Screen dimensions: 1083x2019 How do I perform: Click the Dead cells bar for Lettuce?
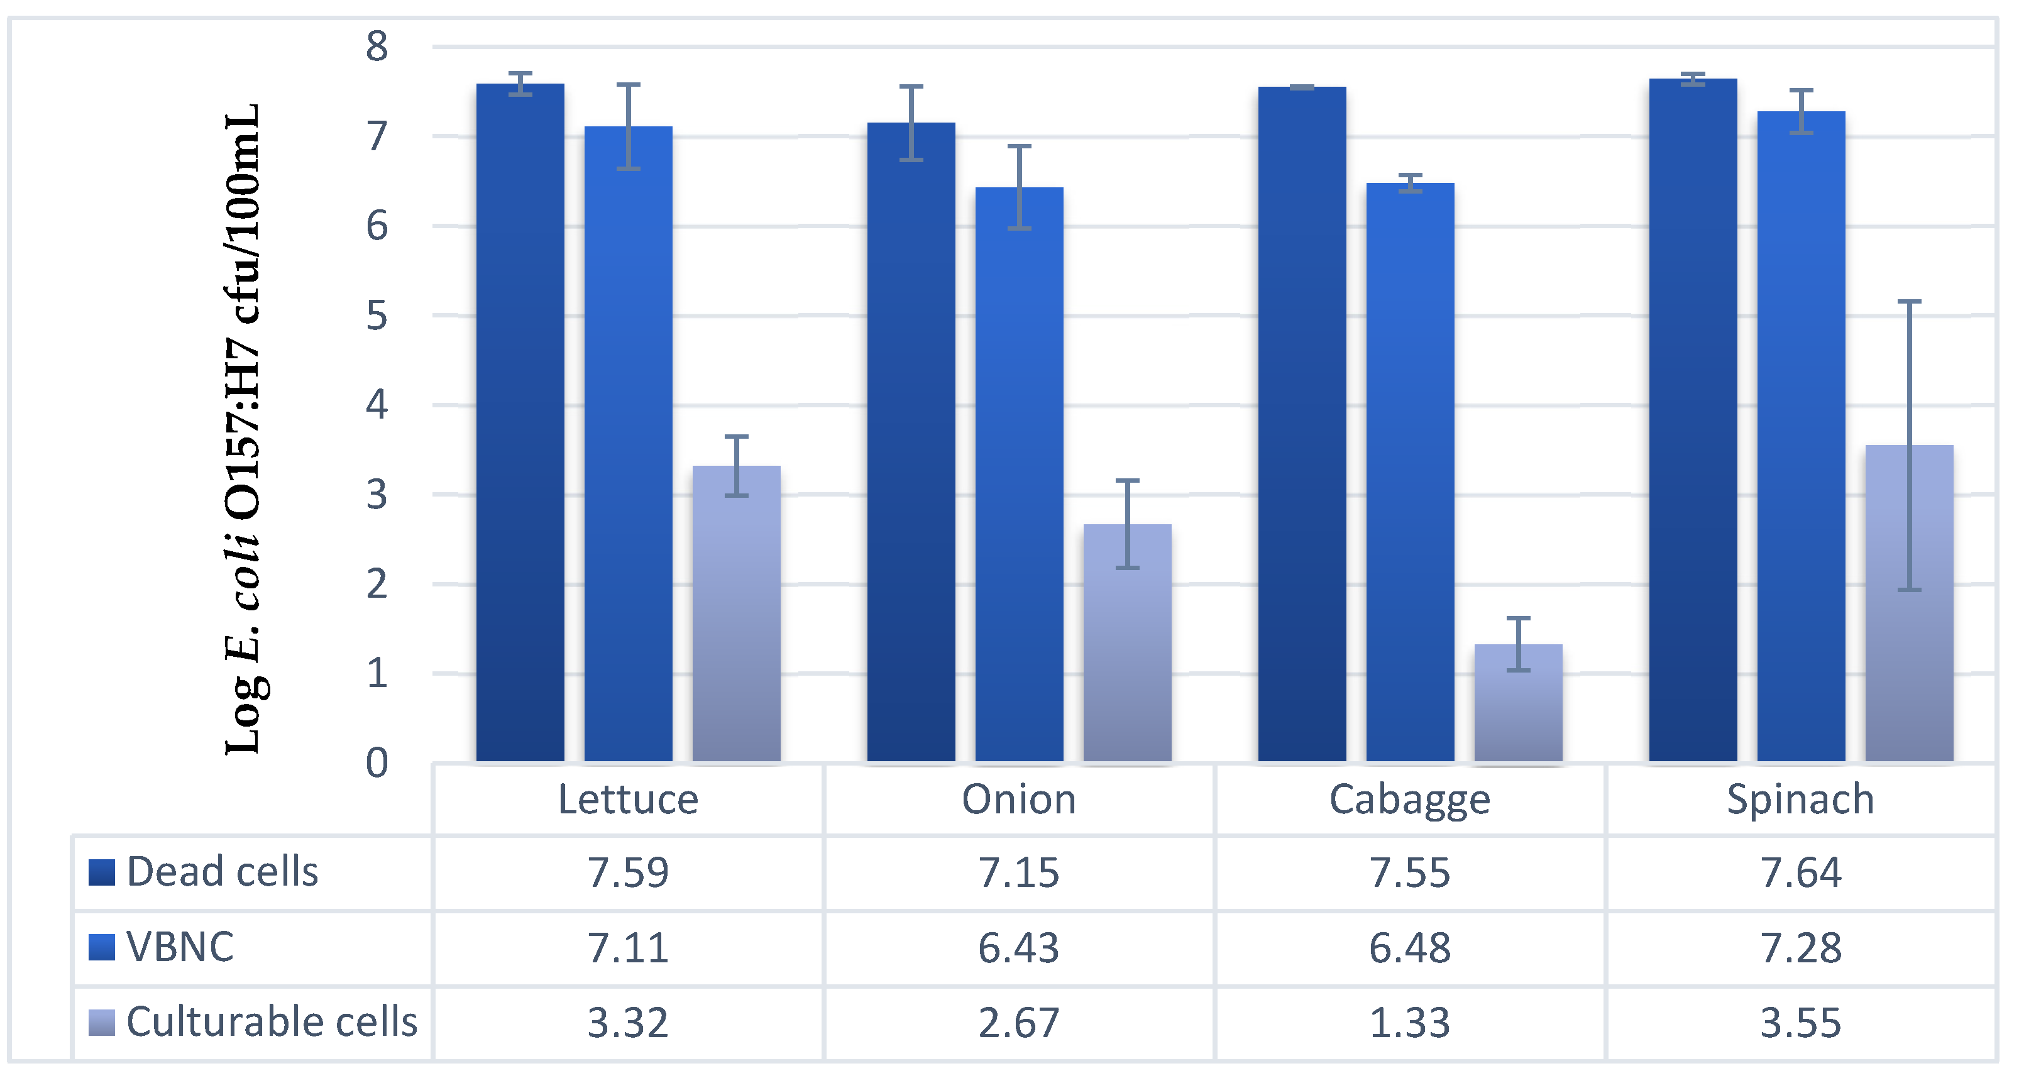pyautogui.click(x=520, y=423)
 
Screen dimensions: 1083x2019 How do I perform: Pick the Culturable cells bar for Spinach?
pyautogui.click(x=1908, y=603)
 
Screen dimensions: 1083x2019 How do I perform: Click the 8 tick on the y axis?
pyautogui.click(x=377, y=47)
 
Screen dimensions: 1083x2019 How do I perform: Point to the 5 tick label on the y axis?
pyautogui.click(x=377, y=316)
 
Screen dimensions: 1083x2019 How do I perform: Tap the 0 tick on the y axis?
pyautogui.click(x=377, y=762)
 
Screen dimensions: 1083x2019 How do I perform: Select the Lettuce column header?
pyautogui.click(x=628, y=800)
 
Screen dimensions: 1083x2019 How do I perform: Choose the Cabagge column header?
pyautogui.click(x=1409, y=800)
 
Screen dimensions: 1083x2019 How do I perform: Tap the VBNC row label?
pyautogui.click(x=180, y=947)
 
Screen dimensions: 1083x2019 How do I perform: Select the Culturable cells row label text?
pyautogui.click(x=272, y=1022)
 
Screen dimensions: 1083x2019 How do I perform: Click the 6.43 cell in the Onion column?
pyautogui.click(x=1018, y=947)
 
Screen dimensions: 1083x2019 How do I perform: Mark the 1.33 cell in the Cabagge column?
pyautogui.click(x=1409, y=1023)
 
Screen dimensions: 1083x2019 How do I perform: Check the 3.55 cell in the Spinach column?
pyautogui.click(x=1800, y=1023)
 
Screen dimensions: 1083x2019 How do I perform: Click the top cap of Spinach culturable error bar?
pyautogui.click(x=1909, y=302)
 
